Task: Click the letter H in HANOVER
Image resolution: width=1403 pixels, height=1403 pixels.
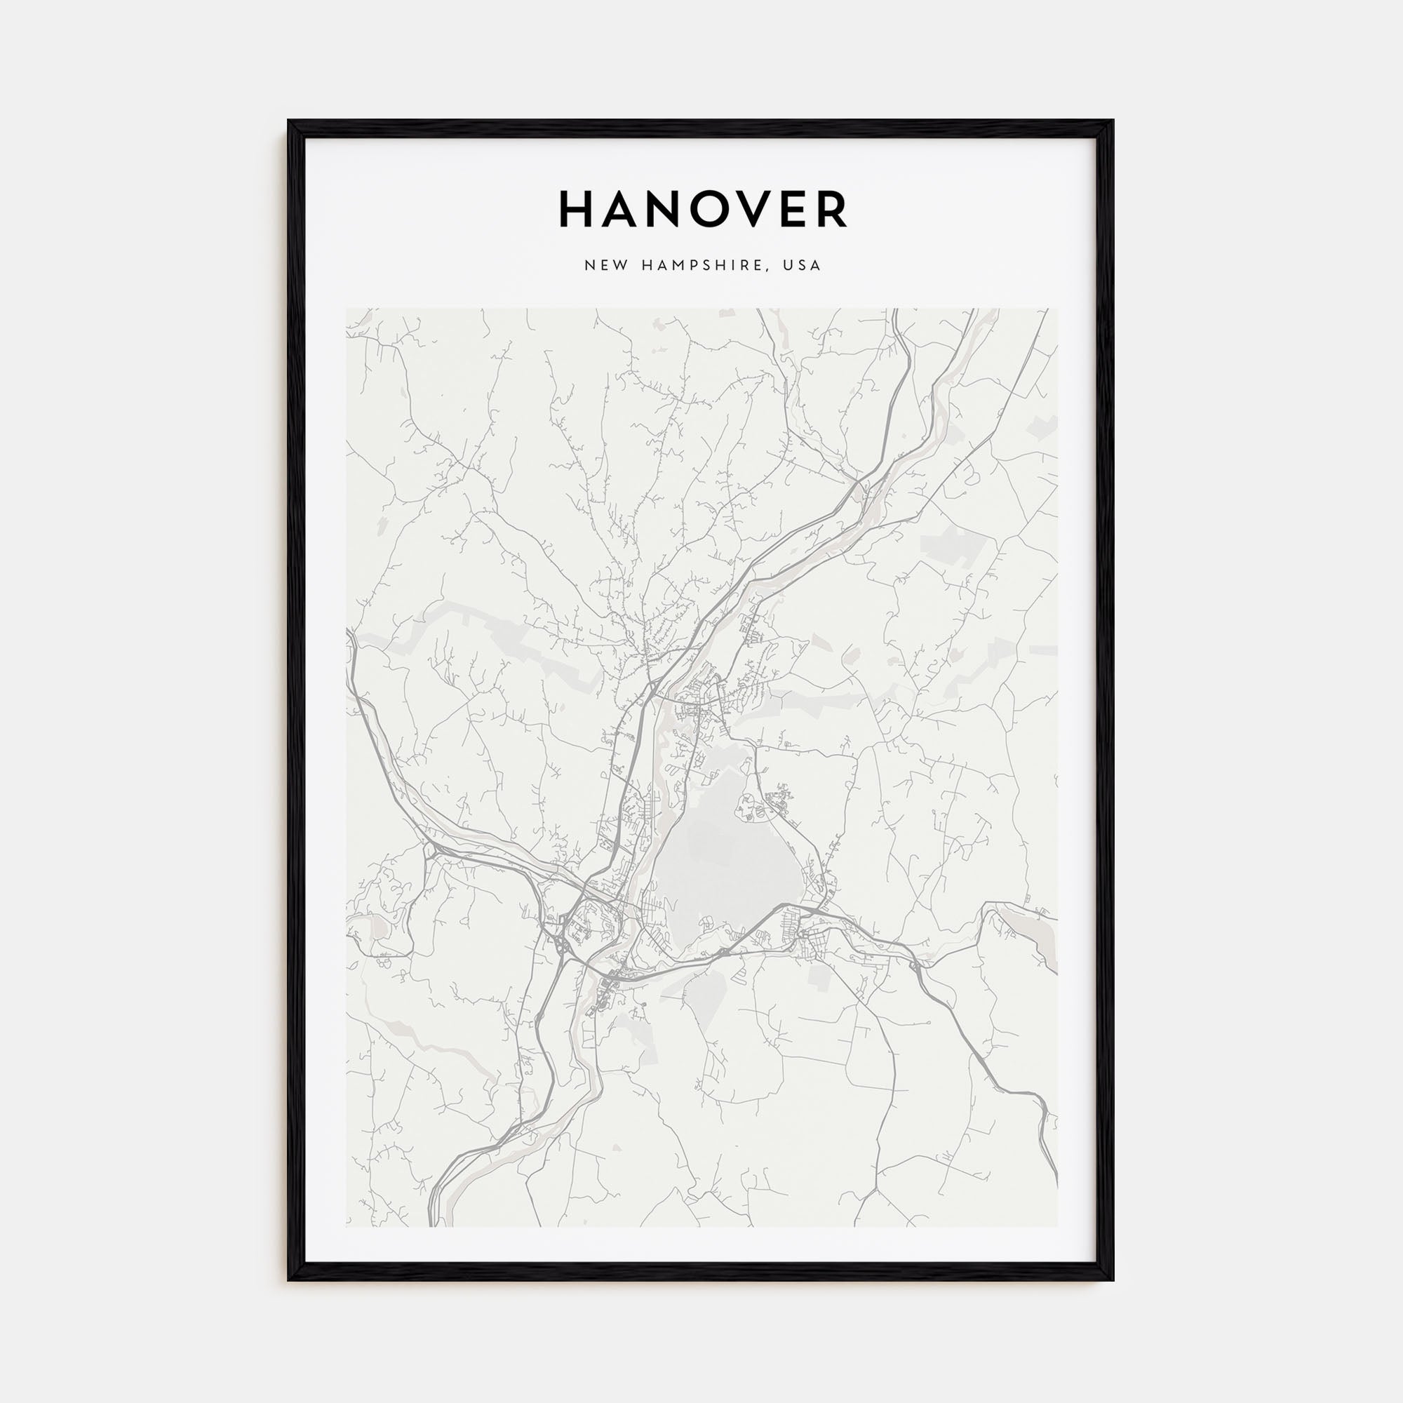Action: [577, 210]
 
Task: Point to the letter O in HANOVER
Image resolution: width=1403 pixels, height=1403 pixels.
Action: [722, 210]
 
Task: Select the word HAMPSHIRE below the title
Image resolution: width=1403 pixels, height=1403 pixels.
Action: [700, 266]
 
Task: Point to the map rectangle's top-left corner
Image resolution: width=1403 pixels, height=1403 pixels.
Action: [347, 309]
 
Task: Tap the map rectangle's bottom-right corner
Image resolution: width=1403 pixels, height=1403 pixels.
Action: [1057, 1226]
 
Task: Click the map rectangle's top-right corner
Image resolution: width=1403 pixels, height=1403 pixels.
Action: [1057, 309]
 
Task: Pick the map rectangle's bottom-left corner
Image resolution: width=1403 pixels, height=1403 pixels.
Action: [347, 1226]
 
